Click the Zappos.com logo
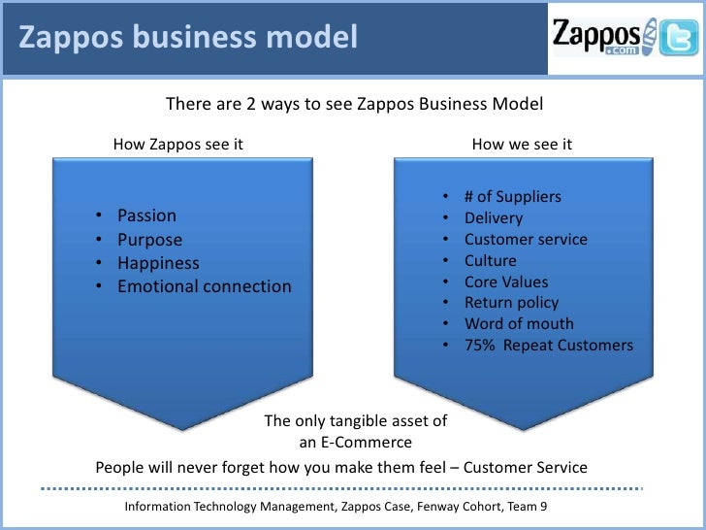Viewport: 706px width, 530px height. coord(598,39)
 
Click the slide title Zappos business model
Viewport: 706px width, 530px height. coord(189,39)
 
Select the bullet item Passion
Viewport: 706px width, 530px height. coord(146,215)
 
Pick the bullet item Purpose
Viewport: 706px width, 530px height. coord(149,240)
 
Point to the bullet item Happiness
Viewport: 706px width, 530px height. coord(158,263)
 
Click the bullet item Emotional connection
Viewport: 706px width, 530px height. coord(204,286)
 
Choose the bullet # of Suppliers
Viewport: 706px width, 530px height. coord(512,197)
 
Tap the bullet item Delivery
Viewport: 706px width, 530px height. coord(493,218)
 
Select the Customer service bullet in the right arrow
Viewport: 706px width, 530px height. coord(526,240)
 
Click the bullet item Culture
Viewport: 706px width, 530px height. coord(490,261)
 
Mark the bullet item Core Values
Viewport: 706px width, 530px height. coord(506,282)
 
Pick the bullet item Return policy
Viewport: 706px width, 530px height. coord(511,303)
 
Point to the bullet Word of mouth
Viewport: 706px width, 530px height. coord(519,324)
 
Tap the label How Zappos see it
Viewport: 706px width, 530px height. coord(177,145)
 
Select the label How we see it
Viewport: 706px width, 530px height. coord(522,145)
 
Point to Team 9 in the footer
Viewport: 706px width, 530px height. coord(534,508)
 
